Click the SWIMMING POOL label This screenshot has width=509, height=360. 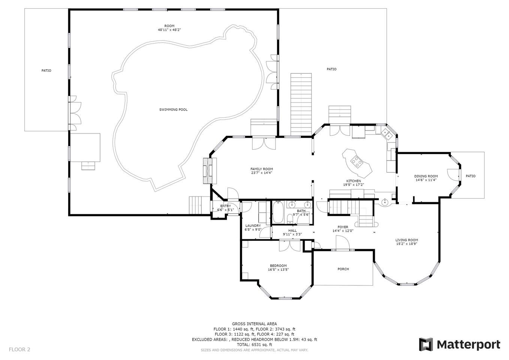click(173, 109)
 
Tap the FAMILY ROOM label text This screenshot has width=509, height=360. click(262, 169)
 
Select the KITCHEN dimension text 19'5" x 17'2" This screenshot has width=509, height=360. click(353, 185)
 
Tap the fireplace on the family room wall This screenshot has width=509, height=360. click(210, 171)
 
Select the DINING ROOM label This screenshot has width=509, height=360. click(426, 176)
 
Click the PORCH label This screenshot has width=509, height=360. click(343, 269)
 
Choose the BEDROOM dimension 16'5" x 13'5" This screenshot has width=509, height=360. click(278, 270)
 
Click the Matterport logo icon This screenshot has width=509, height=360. click(426, 345)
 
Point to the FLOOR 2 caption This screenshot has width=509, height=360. click(19, 349)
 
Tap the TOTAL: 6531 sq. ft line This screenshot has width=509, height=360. click(254, 345)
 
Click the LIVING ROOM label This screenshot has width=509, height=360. click(407, 240)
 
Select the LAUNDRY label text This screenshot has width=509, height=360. click(253, 226)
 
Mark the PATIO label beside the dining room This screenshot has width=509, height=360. click(470, 176)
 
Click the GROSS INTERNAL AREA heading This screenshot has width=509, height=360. click(254, 324)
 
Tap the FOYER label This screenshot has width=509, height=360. click(343, 227)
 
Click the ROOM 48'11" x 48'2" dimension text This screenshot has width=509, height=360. click(169, 30)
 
